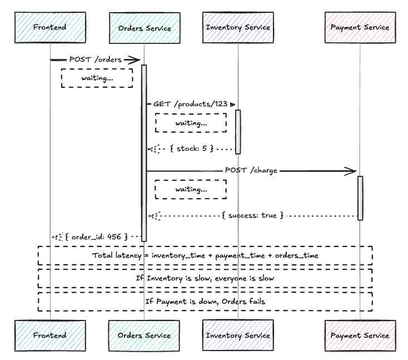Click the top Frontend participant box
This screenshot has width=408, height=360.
[x=50, y=27]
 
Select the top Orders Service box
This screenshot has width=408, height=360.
[x=145, y=27]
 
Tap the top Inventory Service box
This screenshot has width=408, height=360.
[x=238, y=27]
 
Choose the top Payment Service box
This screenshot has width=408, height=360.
[x=360, y=27]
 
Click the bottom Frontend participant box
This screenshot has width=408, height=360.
[x=50, y=336]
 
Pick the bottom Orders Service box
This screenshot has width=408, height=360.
[x=145, y=336]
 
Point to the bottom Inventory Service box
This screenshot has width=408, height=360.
[x=238, y=336]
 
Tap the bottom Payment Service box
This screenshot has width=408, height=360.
[x=360, y=336]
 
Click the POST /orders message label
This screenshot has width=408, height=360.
[x=95, y=60]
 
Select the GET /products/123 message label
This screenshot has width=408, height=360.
[x=191, y=105]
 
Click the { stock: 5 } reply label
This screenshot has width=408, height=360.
[x=191, y=149]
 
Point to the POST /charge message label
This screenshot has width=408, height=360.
[x=251, y=170]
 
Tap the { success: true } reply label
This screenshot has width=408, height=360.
[x=252, y=215]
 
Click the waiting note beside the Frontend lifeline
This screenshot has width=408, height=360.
[x=97, y=78]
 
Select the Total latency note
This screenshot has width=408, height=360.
[x=205, y=255]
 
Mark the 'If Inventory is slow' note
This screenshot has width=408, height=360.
[x=205, y=278]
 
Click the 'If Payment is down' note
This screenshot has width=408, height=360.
[x=205, y=301]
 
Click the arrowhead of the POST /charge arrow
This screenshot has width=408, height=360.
[x=352, y=171]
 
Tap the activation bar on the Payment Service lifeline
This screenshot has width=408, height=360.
[x=360, y=198]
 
